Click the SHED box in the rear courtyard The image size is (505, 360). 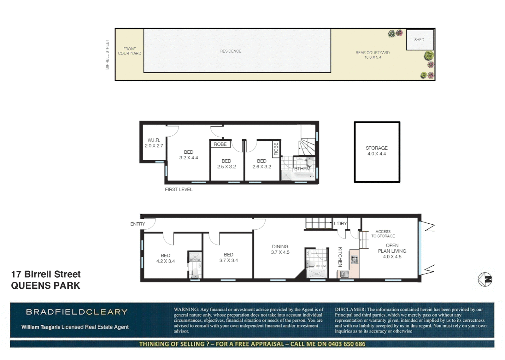point(420,40)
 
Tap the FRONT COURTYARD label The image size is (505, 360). point(129,51)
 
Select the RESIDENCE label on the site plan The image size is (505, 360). point(230,51)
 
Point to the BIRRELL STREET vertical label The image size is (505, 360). point(107,55)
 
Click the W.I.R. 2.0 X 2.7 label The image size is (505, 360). point(154,143)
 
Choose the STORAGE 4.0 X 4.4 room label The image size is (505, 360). point(377,151)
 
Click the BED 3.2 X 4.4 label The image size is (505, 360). point(188,155)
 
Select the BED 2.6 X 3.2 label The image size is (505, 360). point(262,164)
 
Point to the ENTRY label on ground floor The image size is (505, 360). point(137,224)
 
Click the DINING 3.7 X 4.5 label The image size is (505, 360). point(280,249)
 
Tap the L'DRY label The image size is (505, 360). point(340,223)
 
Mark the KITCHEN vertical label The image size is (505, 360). point(340,257)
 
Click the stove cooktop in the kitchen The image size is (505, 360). point(355,259)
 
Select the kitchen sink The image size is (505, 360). point(344,274)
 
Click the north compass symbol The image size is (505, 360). point(485,279)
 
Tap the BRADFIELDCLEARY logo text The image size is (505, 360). point(77,312)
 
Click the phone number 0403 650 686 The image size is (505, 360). point(347,344)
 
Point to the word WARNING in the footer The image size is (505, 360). point(186,309)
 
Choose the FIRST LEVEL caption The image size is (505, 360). point(179,189)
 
